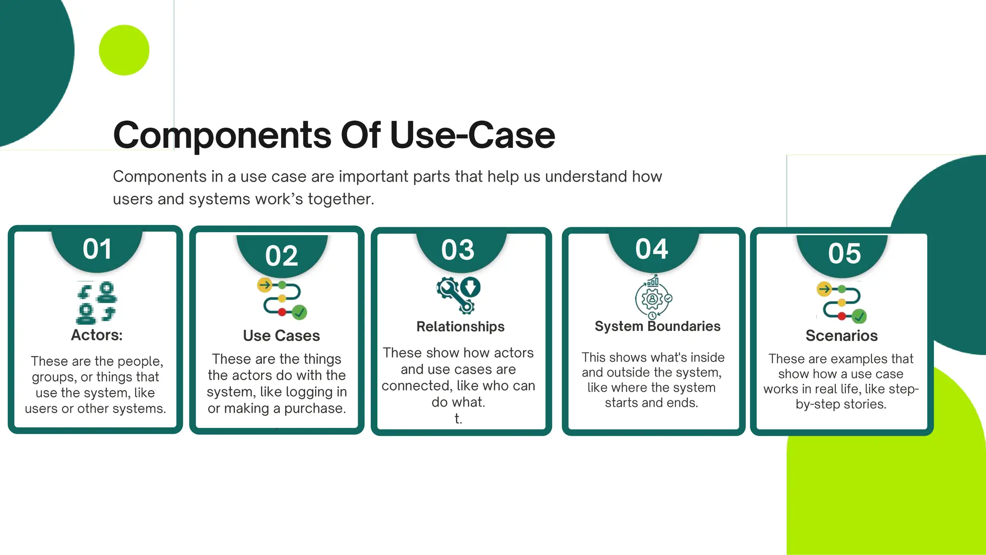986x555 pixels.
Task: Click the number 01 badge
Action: (x=97, y=249)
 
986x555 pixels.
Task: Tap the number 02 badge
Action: (x=282, y=255)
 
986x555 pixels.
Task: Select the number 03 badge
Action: (x=458, y=250)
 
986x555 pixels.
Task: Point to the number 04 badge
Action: (x=651, y=249)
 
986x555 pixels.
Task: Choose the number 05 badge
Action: (x=844, y=253)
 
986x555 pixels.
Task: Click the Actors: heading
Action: (x=97, y=335)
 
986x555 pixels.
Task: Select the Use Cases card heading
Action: (x=281, y=335)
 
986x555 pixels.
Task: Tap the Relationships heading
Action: (x=460, y=327)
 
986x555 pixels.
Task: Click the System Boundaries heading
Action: (x=657, y=326)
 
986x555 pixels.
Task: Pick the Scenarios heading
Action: (x=841, y=335)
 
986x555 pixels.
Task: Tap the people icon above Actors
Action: (x=96, y=303)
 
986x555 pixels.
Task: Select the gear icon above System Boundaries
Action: (x=652, y=298)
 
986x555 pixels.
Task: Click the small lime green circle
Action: (x=124, y=50)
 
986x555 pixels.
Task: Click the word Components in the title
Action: (x=222, y=135)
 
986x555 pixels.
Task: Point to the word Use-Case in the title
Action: (x=472, y=135)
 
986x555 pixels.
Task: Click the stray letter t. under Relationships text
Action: (x=458, y=419)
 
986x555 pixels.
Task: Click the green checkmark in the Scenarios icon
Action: (x=859, y=317)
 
